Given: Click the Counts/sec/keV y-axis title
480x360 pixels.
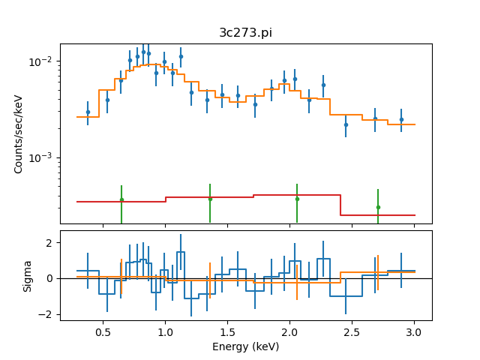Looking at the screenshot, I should click(x=19, y=133).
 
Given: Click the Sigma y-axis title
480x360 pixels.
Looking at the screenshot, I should click(x=28, y=275).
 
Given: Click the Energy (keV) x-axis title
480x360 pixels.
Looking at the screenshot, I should click(x=245, y=346).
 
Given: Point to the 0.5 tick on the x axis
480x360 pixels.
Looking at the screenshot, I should click(x=103, y=331).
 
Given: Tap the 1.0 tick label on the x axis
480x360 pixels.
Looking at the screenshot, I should click(x=165, y=331).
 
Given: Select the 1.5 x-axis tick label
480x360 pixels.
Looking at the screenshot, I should click(x=227, y=331).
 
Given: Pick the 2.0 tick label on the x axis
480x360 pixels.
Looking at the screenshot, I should click(x=289, y=331).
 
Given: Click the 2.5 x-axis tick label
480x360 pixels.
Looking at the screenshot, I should click(x=352, y=331).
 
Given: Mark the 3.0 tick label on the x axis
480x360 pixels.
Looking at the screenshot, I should click(x=414, y=331).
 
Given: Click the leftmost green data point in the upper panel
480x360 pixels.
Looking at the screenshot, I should click(x=121, y=199).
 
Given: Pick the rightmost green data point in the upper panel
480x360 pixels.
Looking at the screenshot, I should click(x=378, y=207).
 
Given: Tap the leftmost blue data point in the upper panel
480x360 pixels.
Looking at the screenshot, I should click(x=88, y=112).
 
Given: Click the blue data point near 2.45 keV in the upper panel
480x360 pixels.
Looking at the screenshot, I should click(x=346, y=124).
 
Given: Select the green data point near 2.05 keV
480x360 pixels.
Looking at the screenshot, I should click(x=297, y=199).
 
